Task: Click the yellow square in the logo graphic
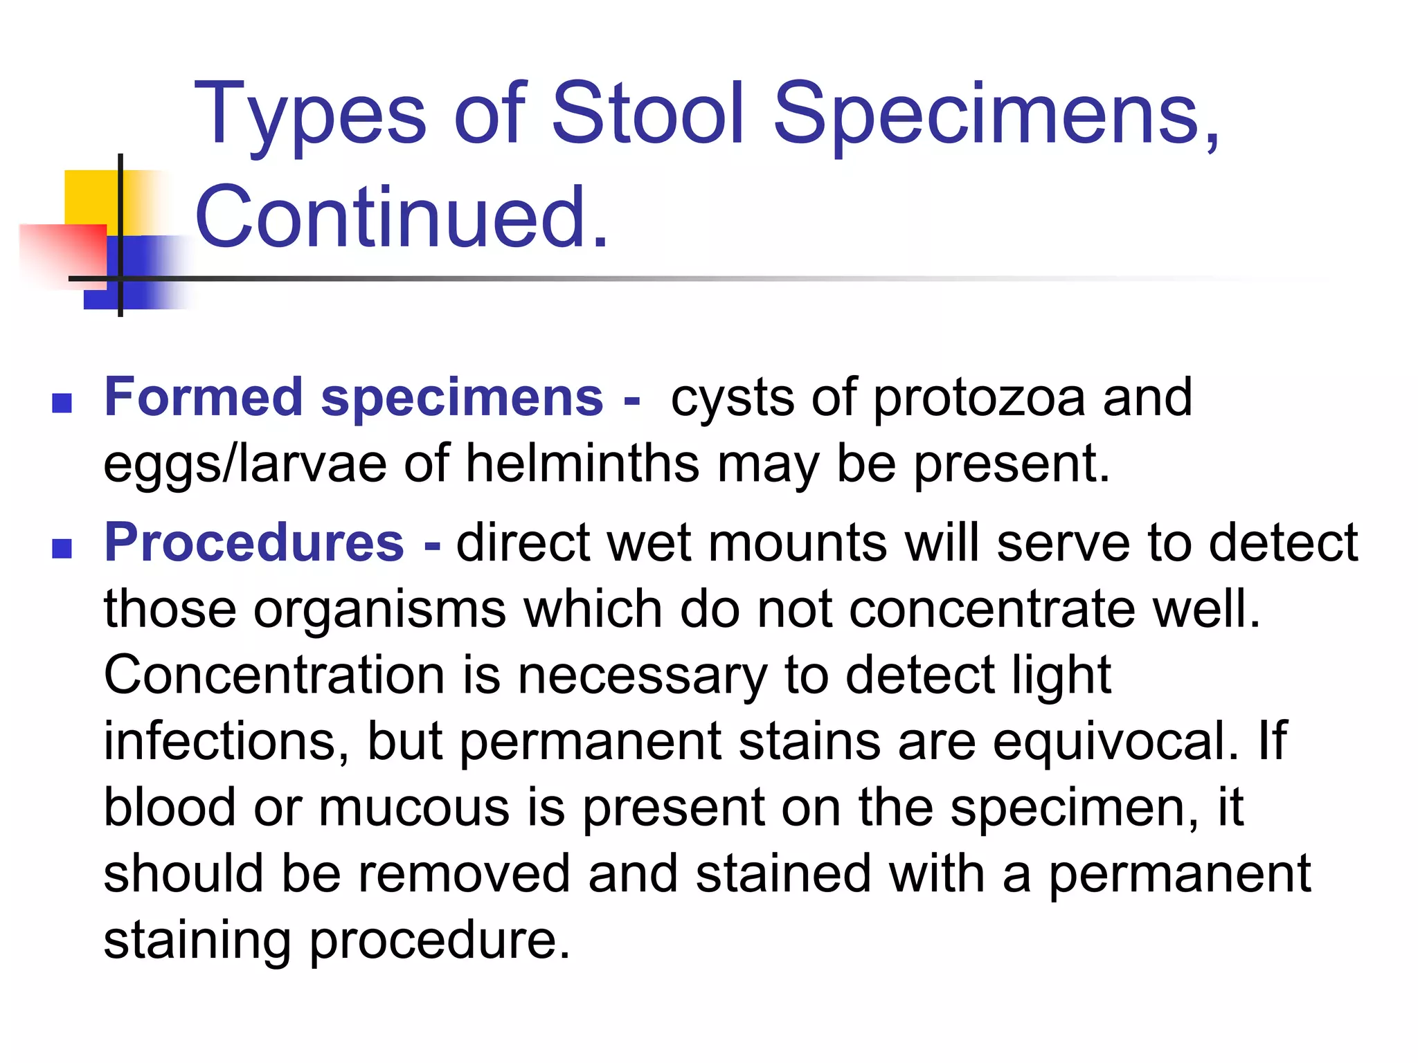coord(90,197)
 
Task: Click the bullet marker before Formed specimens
coord(62,403)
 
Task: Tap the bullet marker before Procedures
coord(62,548)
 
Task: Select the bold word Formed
coord(204,397)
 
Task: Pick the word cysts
coord(732,398)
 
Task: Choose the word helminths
coord(582,463)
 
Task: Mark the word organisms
coord(379,609)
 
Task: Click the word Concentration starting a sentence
coord(274,675)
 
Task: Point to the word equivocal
coord(1115,741)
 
